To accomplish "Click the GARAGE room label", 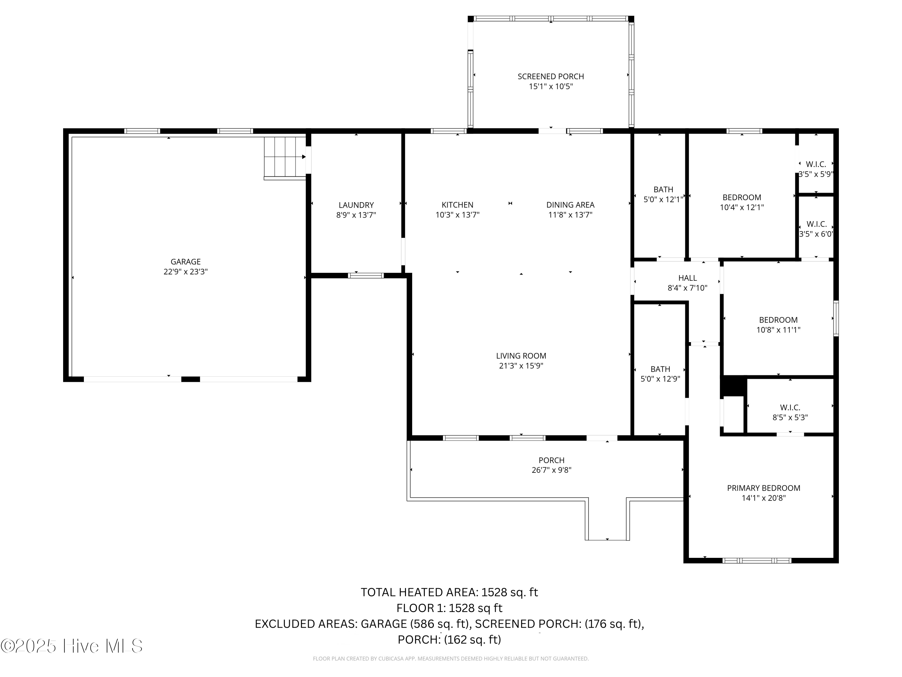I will click(186, 261).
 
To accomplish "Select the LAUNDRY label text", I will click(356, 205).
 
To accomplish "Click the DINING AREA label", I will click(570, 205).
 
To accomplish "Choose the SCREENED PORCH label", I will click(551, 76).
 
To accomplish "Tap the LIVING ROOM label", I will click(521, 356).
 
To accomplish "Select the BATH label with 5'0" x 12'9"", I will click(660, 369).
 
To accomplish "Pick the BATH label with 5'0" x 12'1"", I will click(663, 189).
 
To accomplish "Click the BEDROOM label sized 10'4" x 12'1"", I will click(741, 197).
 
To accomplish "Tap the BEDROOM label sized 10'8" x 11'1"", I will click(778, 320).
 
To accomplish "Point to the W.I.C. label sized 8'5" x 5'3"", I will click(790, 407).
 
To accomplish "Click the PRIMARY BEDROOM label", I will click(763, 488).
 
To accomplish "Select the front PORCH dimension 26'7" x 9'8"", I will click(551, 470).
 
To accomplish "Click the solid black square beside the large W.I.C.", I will click(733, 386).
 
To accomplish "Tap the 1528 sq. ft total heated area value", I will click(509, 592).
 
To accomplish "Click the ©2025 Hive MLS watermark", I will click(72, 646).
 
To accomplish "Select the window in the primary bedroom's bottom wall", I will click(756, 560).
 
